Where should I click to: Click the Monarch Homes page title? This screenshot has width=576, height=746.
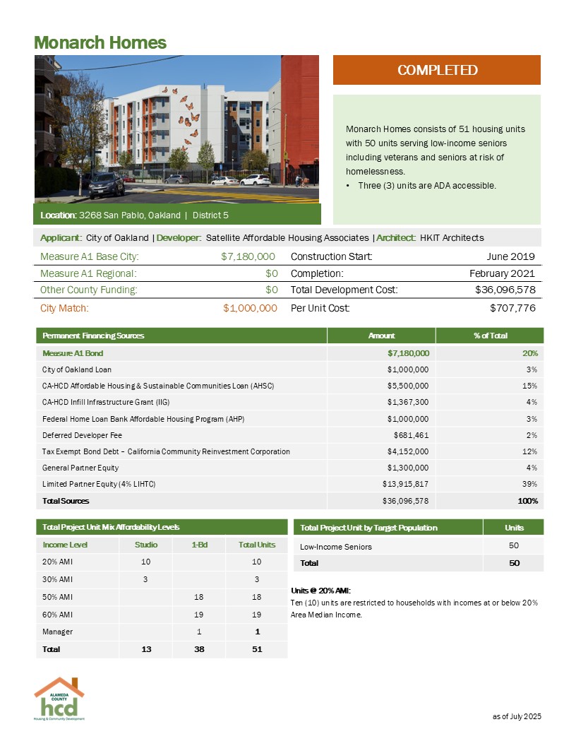coord(100,42)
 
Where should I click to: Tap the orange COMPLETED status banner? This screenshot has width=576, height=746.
coord(436,70)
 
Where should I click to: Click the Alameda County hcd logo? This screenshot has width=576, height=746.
coord(59,699)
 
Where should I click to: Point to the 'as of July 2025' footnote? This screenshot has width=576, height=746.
coord(516,717)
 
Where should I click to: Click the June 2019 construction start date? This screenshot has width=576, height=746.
coord(510,256)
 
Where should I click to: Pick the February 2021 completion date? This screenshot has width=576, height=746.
coord(502,273)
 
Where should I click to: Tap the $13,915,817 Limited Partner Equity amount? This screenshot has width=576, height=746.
coord(404,484)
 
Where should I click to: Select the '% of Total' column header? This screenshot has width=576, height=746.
coord(490,336)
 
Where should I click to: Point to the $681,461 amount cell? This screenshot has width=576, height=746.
coord(411,435)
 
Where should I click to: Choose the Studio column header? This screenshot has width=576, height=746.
coord(145,545)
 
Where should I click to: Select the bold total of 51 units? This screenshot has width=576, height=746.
coord(256,649)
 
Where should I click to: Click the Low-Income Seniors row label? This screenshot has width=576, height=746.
coord(336,546)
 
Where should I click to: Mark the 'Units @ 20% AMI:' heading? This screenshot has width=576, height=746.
coord(320,591)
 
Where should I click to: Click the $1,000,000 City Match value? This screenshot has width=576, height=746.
coord(249,308)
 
